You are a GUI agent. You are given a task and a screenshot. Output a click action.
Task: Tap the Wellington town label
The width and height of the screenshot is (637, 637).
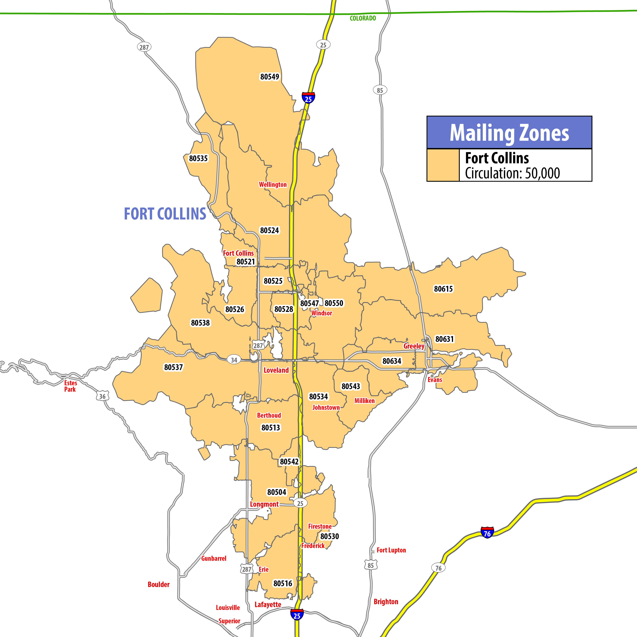coord(273,185)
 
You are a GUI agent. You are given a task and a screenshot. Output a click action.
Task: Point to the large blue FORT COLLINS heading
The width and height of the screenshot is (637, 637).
coord(165,214)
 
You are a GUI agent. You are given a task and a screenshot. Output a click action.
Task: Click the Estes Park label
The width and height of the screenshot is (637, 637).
coord(70,386)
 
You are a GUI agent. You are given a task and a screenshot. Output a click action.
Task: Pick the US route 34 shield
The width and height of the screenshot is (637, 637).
coord(234,360)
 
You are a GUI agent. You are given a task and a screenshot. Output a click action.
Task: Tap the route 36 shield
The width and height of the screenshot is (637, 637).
coord(102,396)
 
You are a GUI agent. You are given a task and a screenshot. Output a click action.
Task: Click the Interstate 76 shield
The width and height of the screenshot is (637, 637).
coord(487,533)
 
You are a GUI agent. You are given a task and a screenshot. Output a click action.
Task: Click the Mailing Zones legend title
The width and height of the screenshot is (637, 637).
coord(509,133)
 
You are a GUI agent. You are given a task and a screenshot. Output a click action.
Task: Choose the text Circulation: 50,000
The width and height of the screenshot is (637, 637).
coord(512,173)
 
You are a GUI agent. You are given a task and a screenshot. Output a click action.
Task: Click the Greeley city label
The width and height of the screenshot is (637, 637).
coord(414,346)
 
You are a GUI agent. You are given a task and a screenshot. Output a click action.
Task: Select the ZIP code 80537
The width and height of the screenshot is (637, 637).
coord(173,367)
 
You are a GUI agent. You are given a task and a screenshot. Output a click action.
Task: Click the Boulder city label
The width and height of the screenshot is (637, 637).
coord(159,584)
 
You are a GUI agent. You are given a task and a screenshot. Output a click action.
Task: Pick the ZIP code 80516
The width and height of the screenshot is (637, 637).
coord(283,584)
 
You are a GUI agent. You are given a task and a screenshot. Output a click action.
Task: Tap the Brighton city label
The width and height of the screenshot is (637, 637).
coord(386,602)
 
